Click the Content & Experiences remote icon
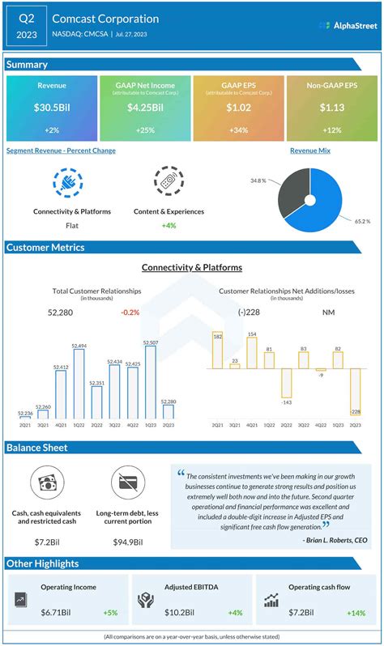pyautogui.click(x=169, y=183)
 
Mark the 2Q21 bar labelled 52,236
pyautogui.click(x=25, y=419)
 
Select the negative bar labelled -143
pyautogui.click(x=286, y=384)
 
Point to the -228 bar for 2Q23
pyautogui.click(x=355, y=391)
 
